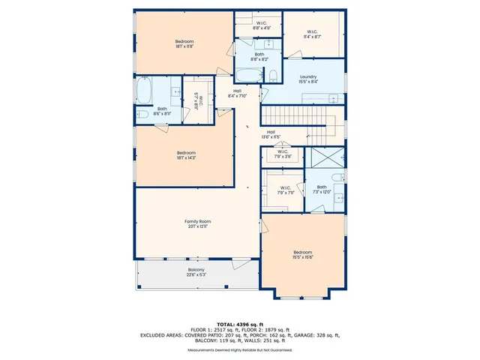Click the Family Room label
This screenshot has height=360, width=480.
click(x=198, y=224)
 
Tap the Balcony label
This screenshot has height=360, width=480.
click(x=196, y=272)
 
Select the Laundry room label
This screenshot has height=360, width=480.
click(x=308, y=79)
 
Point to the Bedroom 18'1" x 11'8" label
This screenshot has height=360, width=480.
click(x=184, y=43)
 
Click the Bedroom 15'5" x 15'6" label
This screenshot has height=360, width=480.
click(x=302, y=254)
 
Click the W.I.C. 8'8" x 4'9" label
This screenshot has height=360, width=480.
click(x=262, y=25)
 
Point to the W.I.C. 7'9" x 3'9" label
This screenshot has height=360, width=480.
click(x=282, y=155)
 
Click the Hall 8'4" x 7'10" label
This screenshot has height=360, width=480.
click(x=237, y=94)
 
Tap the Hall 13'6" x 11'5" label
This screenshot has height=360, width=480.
click(x=271, y=135)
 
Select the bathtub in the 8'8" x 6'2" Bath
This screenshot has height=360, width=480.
click(x=247, y=74)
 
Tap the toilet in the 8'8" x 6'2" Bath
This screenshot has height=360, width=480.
click(x=274, y=74)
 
